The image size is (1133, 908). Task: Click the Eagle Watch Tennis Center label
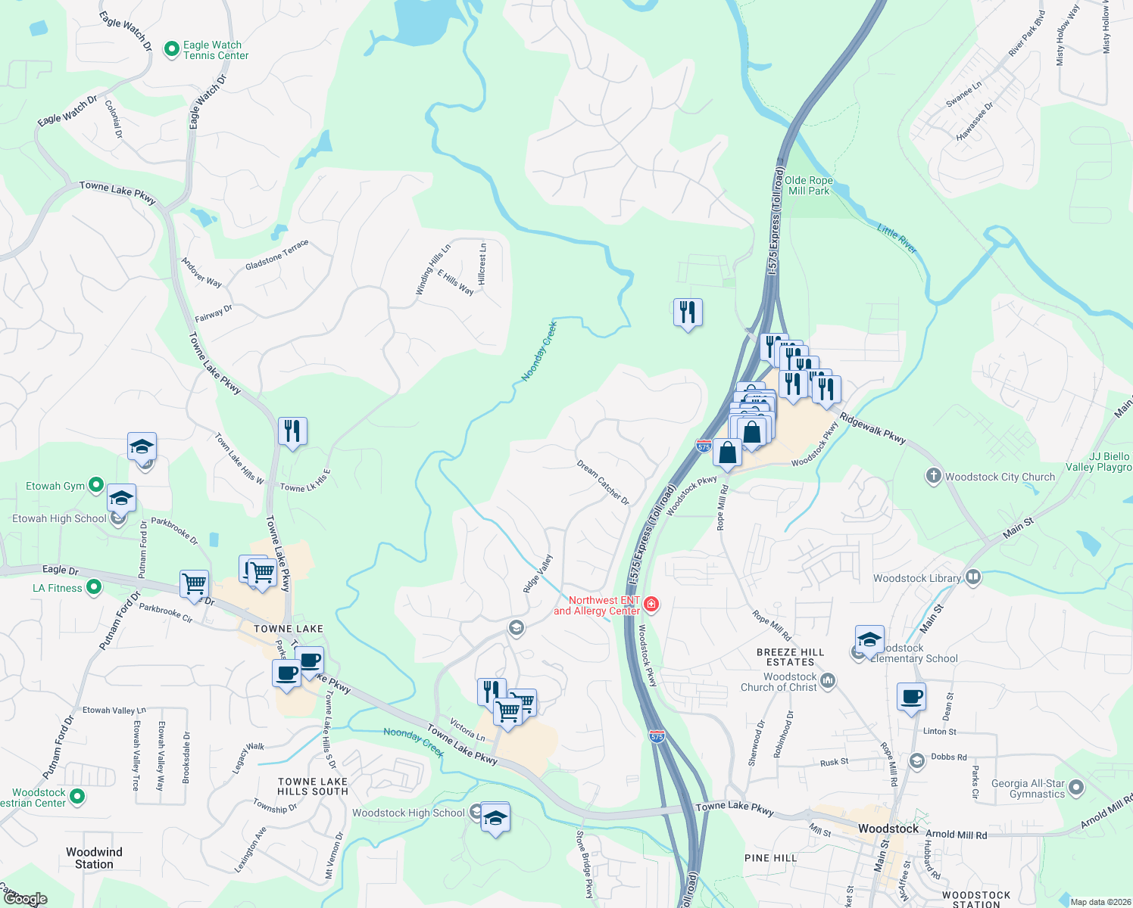pos(215,50)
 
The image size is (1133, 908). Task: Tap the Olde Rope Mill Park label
pos(808,185)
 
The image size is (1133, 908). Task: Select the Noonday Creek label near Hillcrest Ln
pos(539,350)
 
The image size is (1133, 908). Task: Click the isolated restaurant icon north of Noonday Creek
pos(688,311)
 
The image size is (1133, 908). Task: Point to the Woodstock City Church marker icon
pos(933,476)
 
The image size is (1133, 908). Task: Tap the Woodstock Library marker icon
pos(973,577)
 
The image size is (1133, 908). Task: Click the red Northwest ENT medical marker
pos(651,605)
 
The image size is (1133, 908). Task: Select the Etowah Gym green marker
pos(96,484)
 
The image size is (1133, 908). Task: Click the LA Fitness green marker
pos(94,586)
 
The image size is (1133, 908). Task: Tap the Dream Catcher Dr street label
pos(603,482)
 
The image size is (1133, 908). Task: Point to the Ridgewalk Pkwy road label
pos(872,428)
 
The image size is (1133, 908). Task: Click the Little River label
pos(897,238)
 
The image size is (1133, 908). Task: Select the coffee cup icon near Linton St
pos(911,696)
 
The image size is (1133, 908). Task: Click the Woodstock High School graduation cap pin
pos(495,818)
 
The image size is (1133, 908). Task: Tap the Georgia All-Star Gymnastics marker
pos(1075,788)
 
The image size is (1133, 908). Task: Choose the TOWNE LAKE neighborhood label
pos(288,629)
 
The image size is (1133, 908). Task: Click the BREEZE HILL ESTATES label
pos(790,657)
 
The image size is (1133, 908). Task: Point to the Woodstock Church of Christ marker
pos(828,681)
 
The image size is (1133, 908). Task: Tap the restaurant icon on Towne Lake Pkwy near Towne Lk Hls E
pos(292,431)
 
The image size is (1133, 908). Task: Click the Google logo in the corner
pos(25,899)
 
